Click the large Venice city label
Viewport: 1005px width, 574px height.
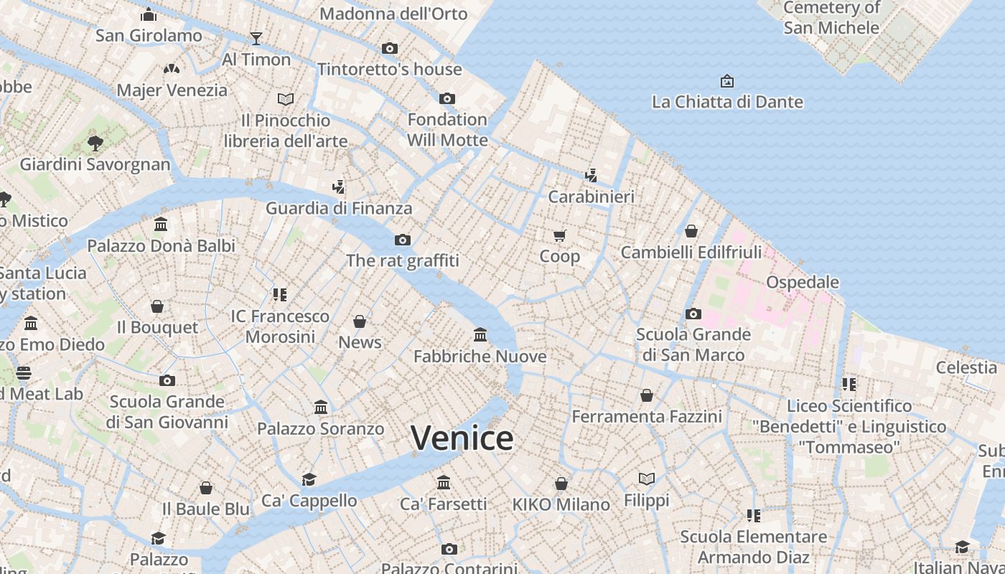tap(462, 438)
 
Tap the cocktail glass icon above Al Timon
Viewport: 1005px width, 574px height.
tap(256, 38)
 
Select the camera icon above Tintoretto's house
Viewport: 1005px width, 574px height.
tap(390, 48)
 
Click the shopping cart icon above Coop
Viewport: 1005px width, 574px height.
tap(560, 235)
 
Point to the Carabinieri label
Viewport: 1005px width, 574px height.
tap(591, 197)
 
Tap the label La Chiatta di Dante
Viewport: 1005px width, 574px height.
tap(727, 102)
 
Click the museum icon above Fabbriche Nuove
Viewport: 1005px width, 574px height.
tap(480, 334)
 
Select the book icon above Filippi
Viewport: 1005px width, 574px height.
tap(647, 479)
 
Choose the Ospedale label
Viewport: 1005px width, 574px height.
tap(803, 282)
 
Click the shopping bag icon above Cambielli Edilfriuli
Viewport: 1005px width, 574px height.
tap(691, 231)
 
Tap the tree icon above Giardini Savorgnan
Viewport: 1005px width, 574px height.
tap(95, 143)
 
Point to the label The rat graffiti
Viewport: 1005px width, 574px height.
tap(403, 260)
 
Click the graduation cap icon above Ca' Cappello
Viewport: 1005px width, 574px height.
tap(309, 479)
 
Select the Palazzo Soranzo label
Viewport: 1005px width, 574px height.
tap(321, 429)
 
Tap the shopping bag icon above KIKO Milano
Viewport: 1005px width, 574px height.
tap(561, 484)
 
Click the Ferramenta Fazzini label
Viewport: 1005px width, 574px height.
tap(647, 416)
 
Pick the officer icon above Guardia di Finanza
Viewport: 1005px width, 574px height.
tap(339, 187)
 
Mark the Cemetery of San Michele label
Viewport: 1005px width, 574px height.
tap(831, 18)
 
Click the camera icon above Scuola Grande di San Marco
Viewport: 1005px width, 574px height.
tap(693, 314)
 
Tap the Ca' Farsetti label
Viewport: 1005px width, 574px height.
tap(444, 504)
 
